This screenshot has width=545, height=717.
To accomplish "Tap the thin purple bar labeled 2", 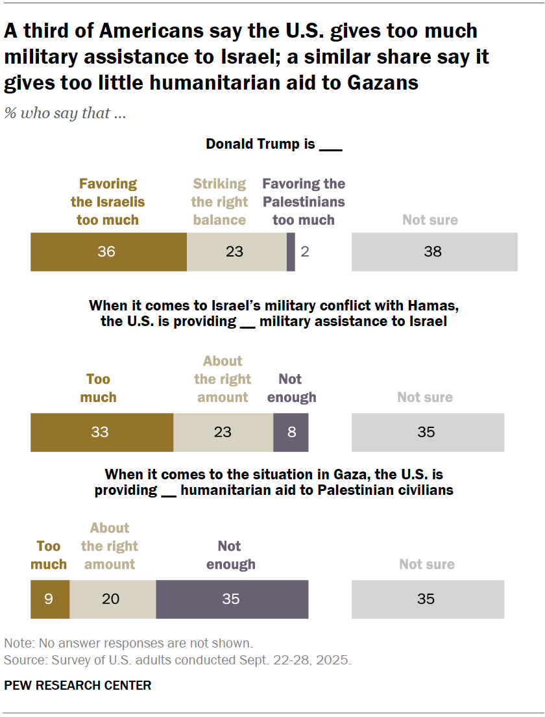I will pyautogui.click(x=291, y=251).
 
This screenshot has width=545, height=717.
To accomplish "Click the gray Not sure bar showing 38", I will pyautogui.click(x=434, y=251).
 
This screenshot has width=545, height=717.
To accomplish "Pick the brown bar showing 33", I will pyautogui.click(x=101, y=432).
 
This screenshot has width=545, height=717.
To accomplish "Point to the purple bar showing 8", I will pyautogui.click(x=291, y=432).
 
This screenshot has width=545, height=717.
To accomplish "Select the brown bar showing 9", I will pyautogui.click(x=49, y=599).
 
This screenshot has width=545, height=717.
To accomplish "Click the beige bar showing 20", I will pyautogui.click(x=112, y=599).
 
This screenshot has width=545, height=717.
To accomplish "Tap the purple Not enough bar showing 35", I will pyautogui.click(x=232, y=599).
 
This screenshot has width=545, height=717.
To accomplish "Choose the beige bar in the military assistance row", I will pyautogui.click(x=223, y=432).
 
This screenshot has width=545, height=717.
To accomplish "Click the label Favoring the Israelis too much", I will pyautogui.click(x=108, y=202).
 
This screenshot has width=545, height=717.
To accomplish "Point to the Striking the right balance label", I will pyautogui.click(x=219, y=202).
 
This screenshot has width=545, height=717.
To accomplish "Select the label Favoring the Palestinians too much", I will pyautogui.click(x=304, y=202).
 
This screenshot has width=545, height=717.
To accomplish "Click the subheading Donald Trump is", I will pyautogui.click(x=273, y=144).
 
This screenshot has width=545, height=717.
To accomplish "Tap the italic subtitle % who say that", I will pyautogui.click(x=65, y=113).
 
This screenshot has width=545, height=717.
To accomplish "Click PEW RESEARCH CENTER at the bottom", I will pyautogui.click(x=78, y=686).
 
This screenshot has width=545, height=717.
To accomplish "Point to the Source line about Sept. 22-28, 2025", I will pyautogui.click(x=177, y=661).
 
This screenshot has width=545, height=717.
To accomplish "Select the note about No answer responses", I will pyautogui.click(x=128, y=644).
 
